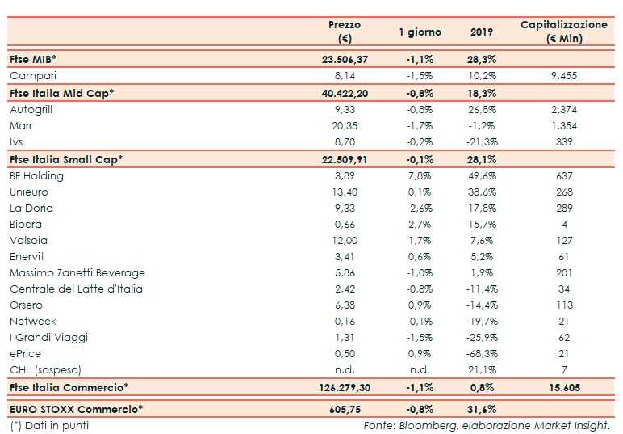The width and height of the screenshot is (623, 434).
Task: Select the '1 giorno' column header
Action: click(420, 32)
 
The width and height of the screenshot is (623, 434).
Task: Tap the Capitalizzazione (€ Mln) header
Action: click(563, 32)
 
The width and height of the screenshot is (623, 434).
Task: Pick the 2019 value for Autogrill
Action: click(483, 109)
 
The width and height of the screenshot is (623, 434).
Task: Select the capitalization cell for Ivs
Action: click(563, 142)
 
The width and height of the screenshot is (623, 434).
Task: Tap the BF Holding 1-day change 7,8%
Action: click(420, 175)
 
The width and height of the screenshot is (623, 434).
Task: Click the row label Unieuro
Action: click(29, 192)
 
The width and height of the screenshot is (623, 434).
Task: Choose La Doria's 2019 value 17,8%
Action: click(483, 209)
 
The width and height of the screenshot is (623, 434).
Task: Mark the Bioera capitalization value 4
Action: click(563, 225)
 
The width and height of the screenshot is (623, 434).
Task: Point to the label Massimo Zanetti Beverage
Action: click(71, 273)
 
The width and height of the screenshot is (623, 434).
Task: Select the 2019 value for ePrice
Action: click(483, 354)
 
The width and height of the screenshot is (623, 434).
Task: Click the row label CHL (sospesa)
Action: click(41, 370)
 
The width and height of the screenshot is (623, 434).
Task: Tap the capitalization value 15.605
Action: click(563, 388)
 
